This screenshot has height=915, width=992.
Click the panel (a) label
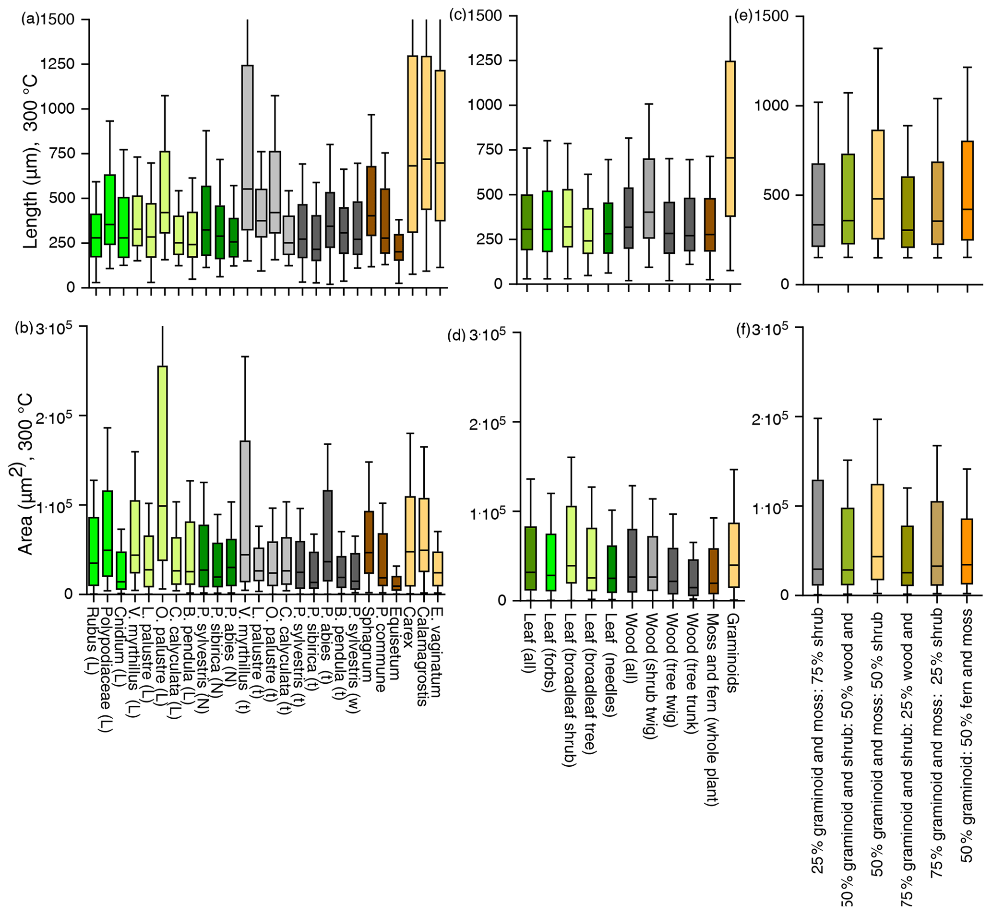click(30, 20)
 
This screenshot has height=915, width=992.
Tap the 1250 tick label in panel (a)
click(57, 64)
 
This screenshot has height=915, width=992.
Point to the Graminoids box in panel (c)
click(730, 139)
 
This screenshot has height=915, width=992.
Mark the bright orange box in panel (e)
click(967, 190)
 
